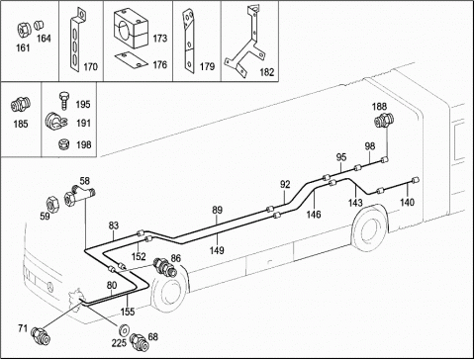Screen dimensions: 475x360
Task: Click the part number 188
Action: pos(379,107)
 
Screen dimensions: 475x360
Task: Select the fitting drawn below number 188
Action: pos(382,121)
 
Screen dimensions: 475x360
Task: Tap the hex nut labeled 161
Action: pos(23,30)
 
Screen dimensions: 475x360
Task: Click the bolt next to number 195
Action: pos(63,101)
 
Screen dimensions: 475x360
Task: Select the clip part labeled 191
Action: pos(55,122)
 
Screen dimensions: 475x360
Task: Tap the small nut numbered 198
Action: pos(62,144)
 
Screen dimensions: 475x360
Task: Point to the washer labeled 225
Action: pos(125,329)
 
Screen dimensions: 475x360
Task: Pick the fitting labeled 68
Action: pos(139,340)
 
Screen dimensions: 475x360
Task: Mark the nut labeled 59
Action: pos(52,204)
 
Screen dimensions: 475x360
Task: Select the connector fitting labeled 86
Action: pos(166,266)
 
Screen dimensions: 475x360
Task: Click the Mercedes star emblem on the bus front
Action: pos(50,287)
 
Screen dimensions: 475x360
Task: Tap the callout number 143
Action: pos(355,203)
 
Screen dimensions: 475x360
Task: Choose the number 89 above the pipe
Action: pos(217,210)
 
